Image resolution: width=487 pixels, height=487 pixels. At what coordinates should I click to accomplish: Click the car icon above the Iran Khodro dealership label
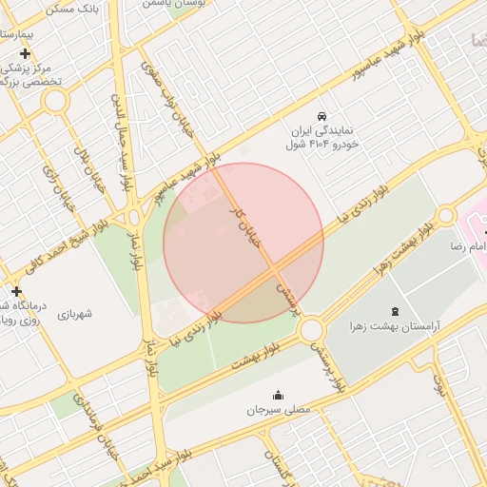(x=321, y=111)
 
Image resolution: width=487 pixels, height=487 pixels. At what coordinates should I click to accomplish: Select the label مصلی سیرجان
(x=279, y=411)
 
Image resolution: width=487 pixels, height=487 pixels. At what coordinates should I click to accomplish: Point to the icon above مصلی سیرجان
(x=279, y=395)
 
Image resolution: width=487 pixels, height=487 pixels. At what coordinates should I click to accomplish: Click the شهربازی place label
(x=81, y=313)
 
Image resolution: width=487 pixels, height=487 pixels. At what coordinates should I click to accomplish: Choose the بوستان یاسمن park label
(x=171, y=4)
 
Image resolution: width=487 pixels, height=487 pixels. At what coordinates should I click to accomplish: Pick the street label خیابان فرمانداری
(x=100, y=429)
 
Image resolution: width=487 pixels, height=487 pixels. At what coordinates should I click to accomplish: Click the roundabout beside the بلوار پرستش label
(x=310, y=331)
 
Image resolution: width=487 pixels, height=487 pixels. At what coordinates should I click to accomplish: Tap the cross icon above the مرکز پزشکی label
(x=25, y=53)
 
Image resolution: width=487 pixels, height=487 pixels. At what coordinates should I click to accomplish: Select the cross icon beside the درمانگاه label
(x=15, y=290)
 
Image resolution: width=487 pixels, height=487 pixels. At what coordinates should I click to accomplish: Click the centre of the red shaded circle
(x=243, y=243)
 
